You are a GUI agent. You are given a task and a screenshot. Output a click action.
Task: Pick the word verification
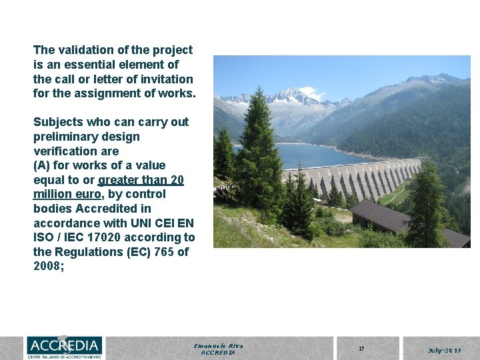point(63,151)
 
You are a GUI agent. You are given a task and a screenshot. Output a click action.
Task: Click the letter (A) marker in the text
point(41,165)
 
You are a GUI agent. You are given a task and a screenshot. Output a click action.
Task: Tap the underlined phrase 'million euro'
point(65,195)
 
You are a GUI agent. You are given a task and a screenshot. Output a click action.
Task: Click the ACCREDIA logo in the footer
point(65,347)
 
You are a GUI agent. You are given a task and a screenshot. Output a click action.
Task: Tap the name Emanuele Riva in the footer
point(218,346)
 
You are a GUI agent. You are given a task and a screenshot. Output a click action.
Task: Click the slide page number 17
point(361,349)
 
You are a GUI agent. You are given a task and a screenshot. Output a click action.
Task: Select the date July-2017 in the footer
point(445,349)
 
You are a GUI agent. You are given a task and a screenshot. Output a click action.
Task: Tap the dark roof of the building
point(400,220)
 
